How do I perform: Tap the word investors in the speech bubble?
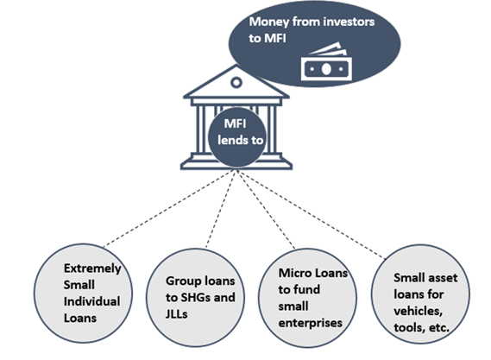click(x=349, y=22)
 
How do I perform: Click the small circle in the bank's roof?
click(x=236, y=82)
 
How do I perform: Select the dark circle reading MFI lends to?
click(x=237, y=137)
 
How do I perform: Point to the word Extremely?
click(x=92, y=268)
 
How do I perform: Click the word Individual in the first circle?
click(x=91, y=301)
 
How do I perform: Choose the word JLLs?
click(x=177, y=314)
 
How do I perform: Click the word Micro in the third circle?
click(x=293, y=273)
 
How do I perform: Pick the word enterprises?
click(x=311, y=323)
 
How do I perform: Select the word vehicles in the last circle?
click(x=418, y=311)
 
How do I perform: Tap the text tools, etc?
click(x=421, y=328)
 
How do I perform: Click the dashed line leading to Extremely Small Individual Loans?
click(x=168, y=209)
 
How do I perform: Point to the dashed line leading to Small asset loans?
click(x=311, y=214)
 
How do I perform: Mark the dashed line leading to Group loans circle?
click(x=220, y=209)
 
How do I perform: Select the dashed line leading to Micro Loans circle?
click(x=266, y=209)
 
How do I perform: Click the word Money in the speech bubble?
click(x=268, y=22)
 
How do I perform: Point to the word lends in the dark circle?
click(x=230, y=140)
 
